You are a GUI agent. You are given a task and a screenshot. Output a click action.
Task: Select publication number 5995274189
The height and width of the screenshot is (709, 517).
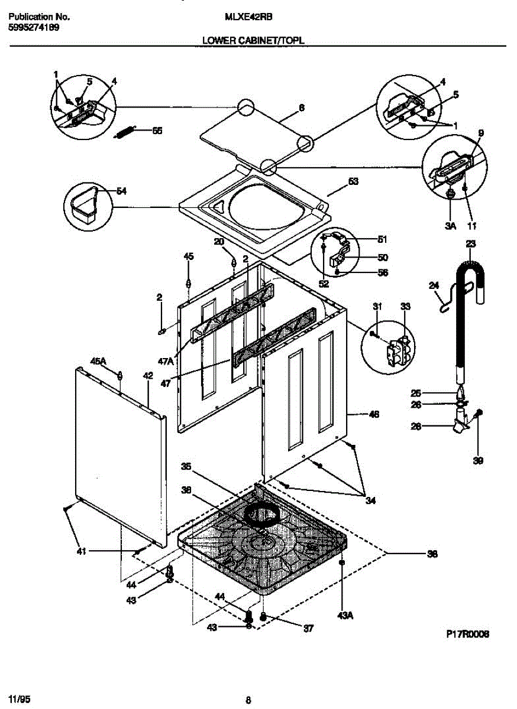33,27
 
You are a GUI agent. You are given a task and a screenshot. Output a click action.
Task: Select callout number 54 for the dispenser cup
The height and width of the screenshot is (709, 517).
121,191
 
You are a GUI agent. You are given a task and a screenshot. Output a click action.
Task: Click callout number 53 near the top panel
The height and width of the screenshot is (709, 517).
353,182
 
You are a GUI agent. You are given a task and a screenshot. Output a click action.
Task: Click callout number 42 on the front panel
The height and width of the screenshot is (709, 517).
148,375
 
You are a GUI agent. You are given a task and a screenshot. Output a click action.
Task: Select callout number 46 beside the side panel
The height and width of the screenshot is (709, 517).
373,414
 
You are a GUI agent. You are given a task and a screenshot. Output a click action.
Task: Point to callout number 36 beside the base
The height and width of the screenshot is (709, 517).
432,554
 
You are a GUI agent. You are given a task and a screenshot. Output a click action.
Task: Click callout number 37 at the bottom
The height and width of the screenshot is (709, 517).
308,628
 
